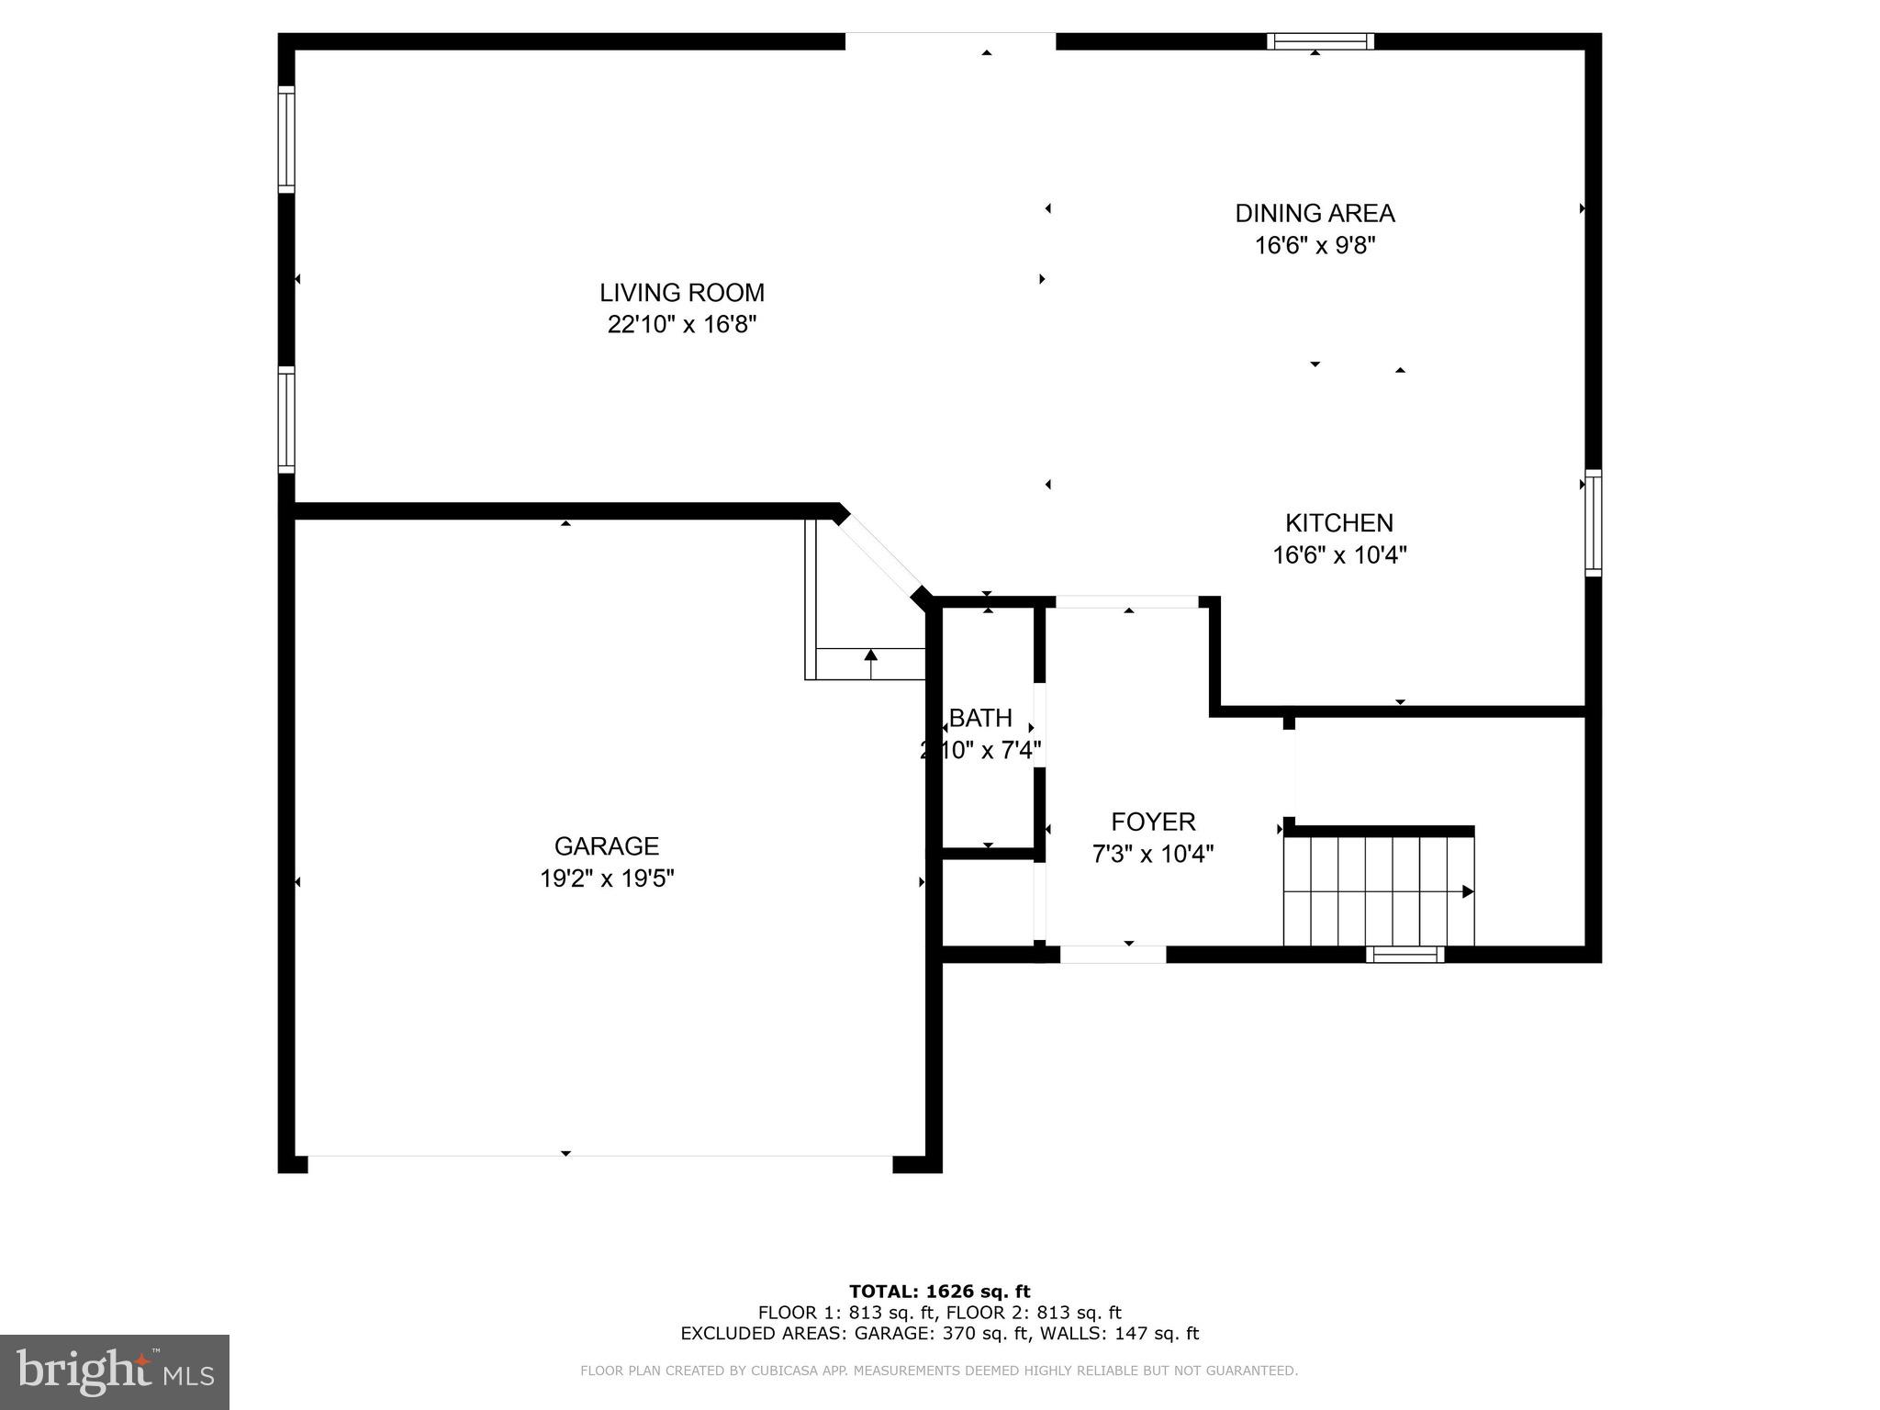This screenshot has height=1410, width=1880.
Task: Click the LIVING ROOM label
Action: pyautogui.click(x=681, y=293)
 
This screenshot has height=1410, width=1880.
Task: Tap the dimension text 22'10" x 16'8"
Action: pyautogui.click(x=681, y=325)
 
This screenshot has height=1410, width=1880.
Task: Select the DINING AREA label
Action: pyautogui.click(x=1315, y=213)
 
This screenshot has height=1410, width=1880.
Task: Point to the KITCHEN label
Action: pyautogui.click(x=1338, y=523)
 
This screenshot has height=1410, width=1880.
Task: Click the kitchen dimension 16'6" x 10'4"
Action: pyautogui.click(x=1339, y=555)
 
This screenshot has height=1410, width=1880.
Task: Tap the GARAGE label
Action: pyautogui.click(x=606, y=846)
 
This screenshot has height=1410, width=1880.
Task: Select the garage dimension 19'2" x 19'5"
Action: pyautogui.click(x=606, y=878)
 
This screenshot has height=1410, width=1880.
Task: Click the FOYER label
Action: pyautogui.click(x=1153, y=822)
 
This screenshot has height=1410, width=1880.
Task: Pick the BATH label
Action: pyautogui.click(x=980, y=718)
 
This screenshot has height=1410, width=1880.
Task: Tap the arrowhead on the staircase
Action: pyautogui.click(x=1467, y=891)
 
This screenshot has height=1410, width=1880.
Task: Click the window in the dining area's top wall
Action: pyautogui.click(x=1320, y=41)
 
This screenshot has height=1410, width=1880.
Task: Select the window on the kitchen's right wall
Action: pyautogui.click(x=1594, y=523)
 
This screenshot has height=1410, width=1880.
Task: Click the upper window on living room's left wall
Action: pyautogui.click(x=286, y=140)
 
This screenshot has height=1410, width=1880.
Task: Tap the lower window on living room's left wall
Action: pyautogui.click(x=286, y=420)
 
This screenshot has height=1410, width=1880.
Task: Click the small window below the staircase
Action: pyautogui.click(x=1404, y=955)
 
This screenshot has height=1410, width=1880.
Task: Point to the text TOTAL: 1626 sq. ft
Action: pyautogui.click(x=939, y=1292)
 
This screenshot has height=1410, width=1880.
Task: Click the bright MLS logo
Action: pyautogui.click(x=115, y=1371)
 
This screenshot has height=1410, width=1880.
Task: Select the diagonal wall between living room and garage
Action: pyautogui.click(x=881, y=554)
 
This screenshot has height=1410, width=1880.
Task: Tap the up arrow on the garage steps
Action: pyautogui.click(x=870, y=655)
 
